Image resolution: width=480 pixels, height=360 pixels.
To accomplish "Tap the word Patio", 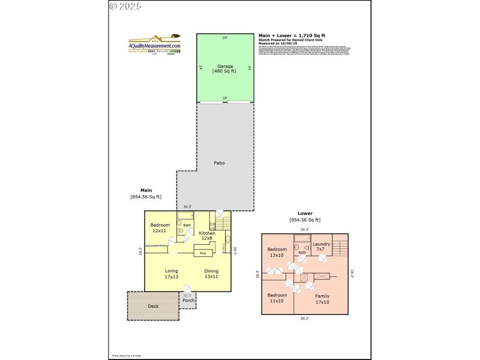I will (220, 163).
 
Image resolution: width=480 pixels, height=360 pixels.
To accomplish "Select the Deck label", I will (154, 306).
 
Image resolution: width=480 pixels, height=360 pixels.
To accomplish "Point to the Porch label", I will (188, 301).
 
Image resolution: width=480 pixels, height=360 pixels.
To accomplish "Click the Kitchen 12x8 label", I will (207, 236).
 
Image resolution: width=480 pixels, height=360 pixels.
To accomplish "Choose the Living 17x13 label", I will (172, 274).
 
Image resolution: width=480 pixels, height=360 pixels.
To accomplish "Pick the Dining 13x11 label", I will (211, 274).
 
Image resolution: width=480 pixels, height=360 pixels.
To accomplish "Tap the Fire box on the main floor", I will (203, 253).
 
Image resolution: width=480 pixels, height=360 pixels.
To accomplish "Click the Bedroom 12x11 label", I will (160, 228).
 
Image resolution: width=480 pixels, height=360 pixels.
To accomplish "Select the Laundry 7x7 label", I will (322, 247).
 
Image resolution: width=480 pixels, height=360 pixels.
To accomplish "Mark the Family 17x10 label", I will (322, 299).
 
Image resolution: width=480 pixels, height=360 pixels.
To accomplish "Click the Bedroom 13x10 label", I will (277, 252).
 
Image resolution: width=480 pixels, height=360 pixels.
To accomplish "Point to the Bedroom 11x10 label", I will (277, 299).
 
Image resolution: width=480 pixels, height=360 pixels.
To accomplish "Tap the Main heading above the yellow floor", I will (146, 190).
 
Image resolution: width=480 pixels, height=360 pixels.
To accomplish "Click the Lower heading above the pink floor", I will (305, 214).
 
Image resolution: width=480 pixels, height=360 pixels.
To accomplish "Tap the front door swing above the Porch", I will (188, 289).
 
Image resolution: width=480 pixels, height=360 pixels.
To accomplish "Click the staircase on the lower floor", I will (340, 247).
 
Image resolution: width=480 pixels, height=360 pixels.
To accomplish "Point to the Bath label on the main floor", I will (187, 226).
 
